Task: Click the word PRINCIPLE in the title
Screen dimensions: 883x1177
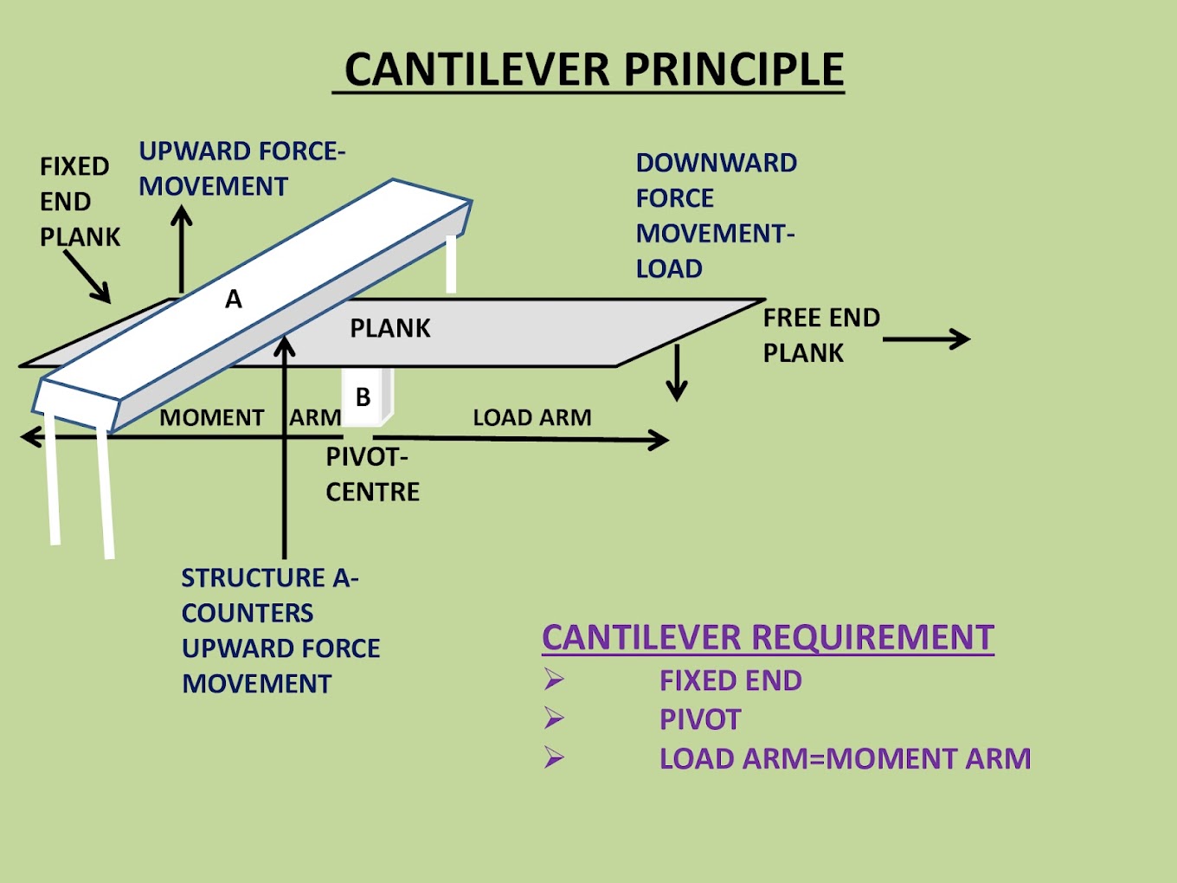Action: click(733, 69)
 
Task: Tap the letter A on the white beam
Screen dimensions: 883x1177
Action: click(234, 300)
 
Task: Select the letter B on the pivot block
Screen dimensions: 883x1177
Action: click(363, 397)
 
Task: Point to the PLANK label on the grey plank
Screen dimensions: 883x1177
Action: click(390, 328)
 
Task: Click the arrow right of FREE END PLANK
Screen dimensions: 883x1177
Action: click(926, 338)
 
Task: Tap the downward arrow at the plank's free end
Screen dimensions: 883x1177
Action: click(677, 372)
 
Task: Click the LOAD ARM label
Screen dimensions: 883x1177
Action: click(532, 417)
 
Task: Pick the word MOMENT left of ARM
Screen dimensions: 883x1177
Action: click(212, 417)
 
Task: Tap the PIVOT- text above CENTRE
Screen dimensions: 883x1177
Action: click(367, 456)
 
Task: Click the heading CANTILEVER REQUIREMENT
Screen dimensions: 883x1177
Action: click(768, 637)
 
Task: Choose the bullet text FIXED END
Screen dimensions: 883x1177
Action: click(730, 680)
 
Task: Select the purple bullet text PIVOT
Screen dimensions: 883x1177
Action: click(700, 719)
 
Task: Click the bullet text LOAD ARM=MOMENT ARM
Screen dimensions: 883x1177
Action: click(845, 758)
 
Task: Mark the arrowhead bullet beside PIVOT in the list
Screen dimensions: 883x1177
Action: click(554, 719)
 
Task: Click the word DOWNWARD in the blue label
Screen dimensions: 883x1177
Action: click(717, 163)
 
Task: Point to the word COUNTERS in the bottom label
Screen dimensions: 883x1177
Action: click(248, 613)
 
